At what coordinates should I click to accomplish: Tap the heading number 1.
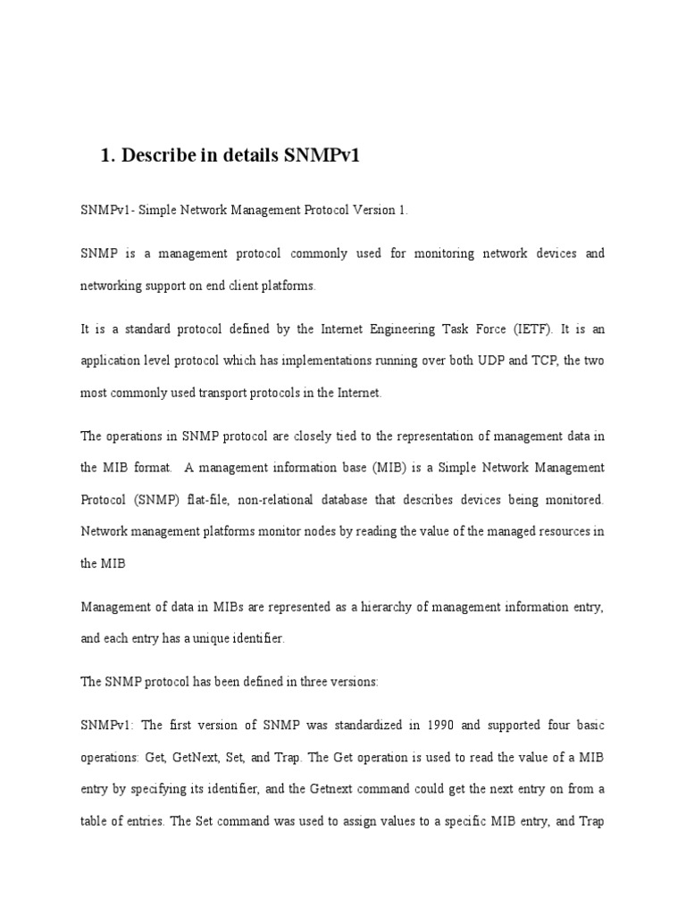(x=107, y=155)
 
